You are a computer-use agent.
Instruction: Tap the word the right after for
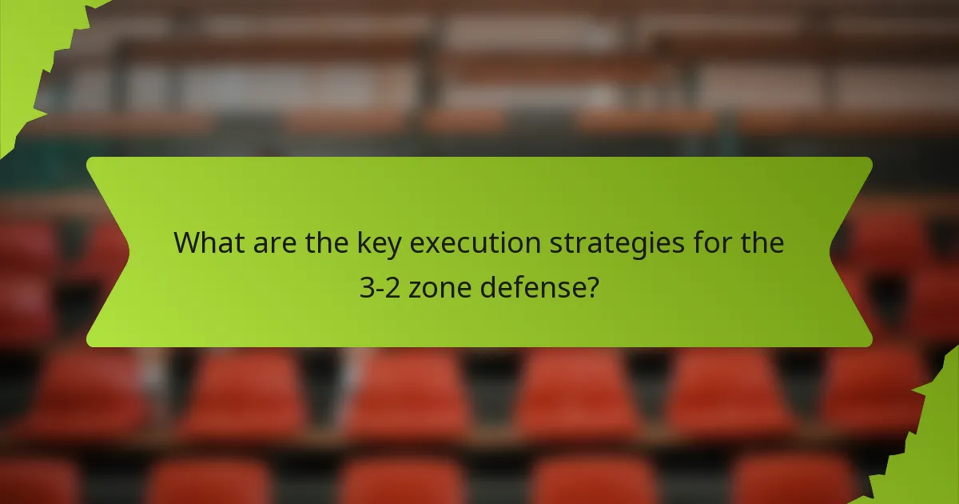[760, 242]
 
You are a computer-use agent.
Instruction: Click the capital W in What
[186, 242]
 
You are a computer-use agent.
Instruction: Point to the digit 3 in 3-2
[366, 286]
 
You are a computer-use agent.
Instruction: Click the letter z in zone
[415, 288]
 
